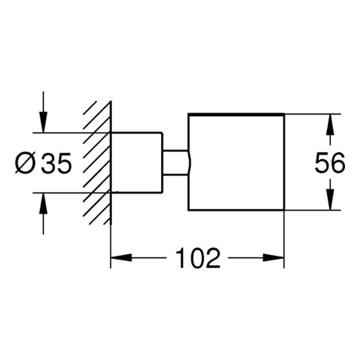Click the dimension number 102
[x=198, y=259]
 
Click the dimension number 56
[x=330, y=163]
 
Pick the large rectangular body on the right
[x=236, y=162]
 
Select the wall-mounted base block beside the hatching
[x=137, y=162]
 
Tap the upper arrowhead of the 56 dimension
[x=329, y=122]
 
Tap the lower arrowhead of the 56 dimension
[x=329, y=202]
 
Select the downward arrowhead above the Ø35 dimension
[x=43, y=124]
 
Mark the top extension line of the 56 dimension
[x=312, y=114]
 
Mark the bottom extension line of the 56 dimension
[x=312, y=211]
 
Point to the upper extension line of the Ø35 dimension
[x=72, y=132]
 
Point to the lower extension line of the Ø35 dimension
[x=72, y=193]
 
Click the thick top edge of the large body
[x=236, y=113]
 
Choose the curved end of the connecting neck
[x=188, y=162]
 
